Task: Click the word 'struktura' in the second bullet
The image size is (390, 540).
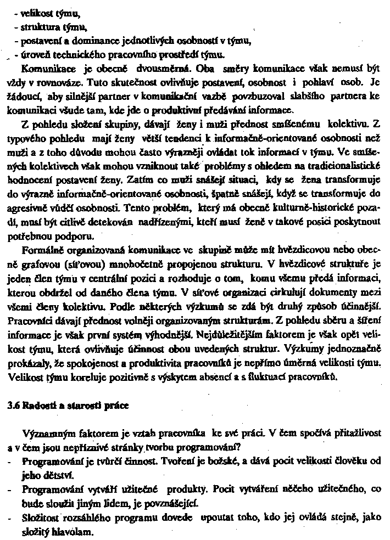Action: (x=37, y=26)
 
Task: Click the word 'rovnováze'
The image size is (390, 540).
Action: (x=51, y=84)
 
